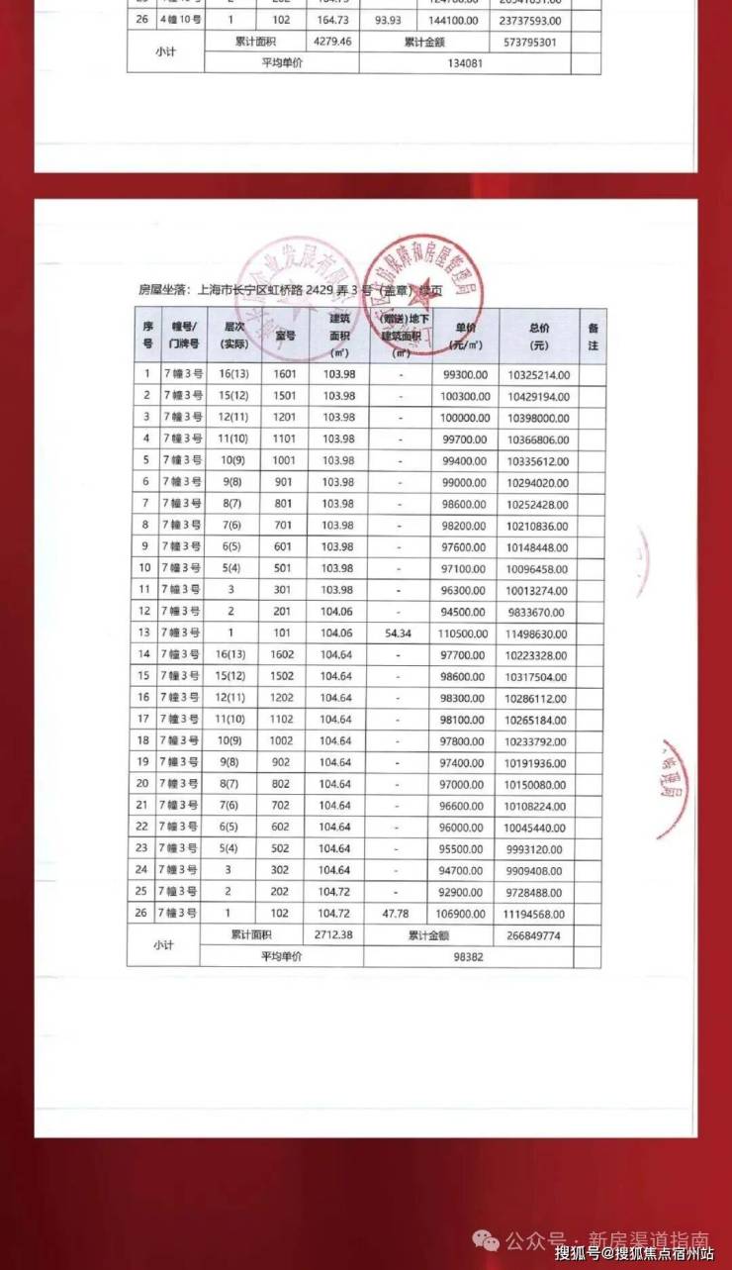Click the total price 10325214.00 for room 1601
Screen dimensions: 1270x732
coord(538,374)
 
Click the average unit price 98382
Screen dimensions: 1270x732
coord(468,956)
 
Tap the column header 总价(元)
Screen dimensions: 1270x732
coord(538,337)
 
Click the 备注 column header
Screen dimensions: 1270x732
coord(593,337)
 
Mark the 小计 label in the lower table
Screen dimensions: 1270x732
coord(163,945)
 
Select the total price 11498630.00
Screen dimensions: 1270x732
coord(538,633)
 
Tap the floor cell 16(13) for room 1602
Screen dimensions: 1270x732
coord(233,654)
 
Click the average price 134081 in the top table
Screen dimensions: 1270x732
coord(463,62)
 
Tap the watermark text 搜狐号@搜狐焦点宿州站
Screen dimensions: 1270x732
coord(634,1253)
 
